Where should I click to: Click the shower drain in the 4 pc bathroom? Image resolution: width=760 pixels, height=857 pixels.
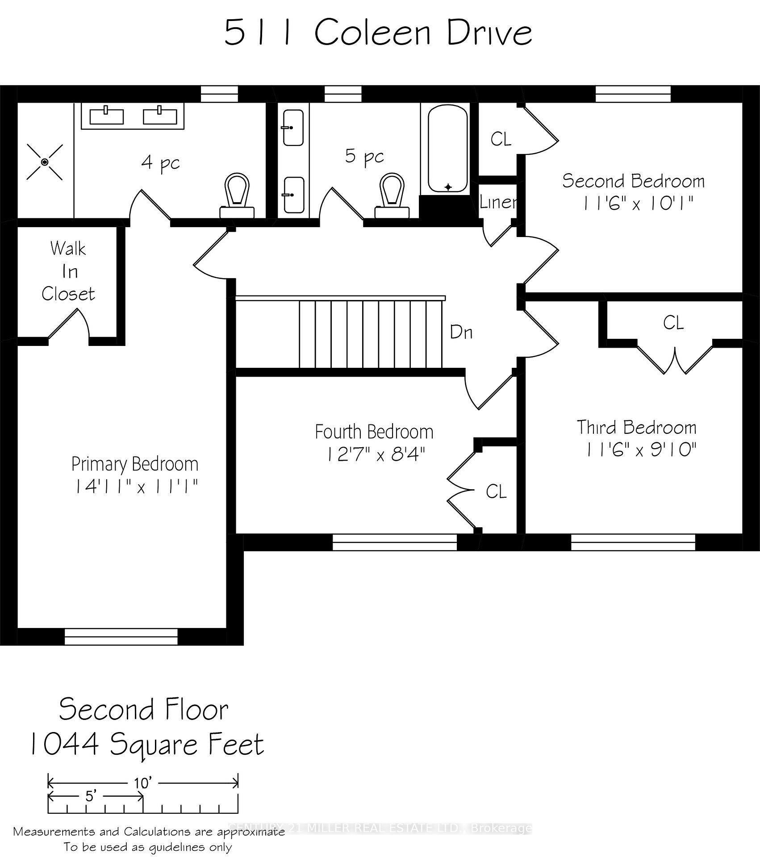tap(45, 162)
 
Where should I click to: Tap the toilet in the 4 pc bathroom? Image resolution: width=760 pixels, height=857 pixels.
tap(237, 196)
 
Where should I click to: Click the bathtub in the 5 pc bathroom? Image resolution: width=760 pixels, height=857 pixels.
tap(447, 148)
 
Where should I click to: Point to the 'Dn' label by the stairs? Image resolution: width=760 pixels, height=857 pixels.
tap(461, 332)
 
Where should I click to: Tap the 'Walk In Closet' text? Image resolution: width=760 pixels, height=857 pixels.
tap(68, 271)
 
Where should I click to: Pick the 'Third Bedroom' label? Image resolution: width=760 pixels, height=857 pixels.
tap(636, 427)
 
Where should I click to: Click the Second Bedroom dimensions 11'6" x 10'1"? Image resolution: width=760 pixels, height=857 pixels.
tap(638, 204)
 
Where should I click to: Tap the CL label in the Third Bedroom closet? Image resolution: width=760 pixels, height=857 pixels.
tap(673, 323)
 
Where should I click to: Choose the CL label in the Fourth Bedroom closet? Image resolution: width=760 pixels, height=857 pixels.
tap(496, 492)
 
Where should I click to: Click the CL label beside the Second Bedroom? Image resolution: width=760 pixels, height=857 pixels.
tap(501, 139)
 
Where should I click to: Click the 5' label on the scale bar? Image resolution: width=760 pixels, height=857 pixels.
tap(91, 796)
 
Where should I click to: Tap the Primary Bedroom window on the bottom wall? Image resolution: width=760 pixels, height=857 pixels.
tap(121, 637)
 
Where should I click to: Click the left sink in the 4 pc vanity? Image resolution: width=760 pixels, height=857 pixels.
tap(106, 116)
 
